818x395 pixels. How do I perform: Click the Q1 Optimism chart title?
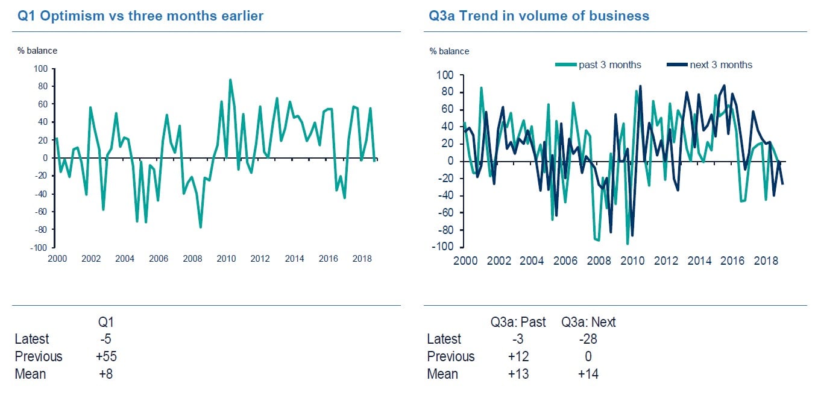click(140, 16)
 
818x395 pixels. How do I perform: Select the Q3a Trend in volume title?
click(539, 16)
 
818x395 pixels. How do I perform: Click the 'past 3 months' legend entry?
click(609, 65)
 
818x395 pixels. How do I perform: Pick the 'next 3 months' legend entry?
click(721, 65)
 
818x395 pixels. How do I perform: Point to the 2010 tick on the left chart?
click(226, 259)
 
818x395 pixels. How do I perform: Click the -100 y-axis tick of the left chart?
click(39, 248)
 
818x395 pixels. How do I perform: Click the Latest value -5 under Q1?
click(105, 339)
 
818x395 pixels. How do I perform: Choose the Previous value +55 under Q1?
click(105, 356)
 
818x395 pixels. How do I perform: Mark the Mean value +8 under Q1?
click(105, 374)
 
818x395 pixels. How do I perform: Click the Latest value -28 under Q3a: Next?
click(588, 339)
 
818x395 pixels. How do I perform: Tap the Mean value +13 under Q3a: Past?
click(518, 374)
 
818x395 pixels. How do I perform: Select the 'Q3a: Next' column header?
click(588, 322)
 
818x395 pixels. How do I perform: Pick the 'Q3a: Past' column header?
click(518, 322)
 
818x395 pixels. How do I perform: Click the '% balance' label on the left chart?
click(37, 51)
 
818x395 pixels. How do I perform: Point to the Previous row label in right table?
click(450, 356)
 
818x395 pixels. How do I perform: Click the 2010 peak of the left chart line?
click(230, 80)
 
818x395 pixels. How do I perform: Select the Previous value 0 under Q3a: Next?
click(588, 356)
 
